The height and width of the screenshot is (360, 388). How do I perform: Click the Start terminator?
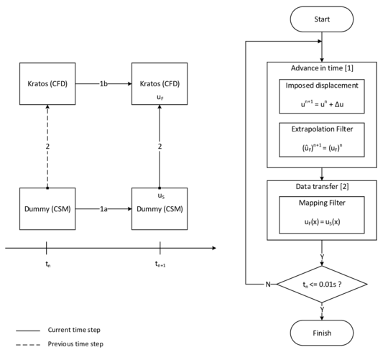pos(321,19)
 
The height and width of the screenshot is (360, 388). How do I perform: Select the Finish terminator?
pos(321,333)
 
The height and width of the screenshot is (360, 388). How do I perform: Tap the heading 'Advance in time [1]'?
pos(321,68)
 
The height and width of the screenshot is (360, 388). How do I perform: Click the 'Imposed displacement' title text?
pos(321,86)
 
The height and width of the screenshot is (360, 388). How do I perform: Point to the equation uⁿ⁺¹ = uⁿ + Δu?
pos(321,103)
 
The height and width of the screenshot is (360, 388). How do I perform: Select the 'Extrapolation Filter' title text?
pos(321,129)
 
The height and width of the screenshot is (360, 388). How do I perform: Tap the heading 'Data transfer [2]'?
pos(321,187)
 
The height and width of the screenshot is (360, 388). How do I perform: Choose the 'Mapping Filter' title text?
pos(321,203)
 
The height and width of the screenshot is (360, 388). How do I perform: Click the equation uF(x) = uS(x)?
pos(321,221)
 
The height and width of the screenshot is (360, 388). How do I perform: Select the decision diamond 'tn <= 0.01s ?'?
pos(321,285)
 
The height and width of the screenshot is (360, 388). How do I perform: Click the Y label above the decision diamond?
pos(321,257)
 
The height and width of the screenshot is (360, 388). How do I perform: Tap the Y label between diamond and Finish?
pos(321,310)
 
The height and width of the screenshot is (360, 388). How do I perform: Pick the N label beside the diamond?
pos(268,285)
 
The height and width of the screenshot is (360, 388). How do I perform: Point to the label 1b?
pos(103,84)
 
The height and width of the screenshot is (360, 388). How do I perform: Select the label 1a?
pos(103,209)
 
